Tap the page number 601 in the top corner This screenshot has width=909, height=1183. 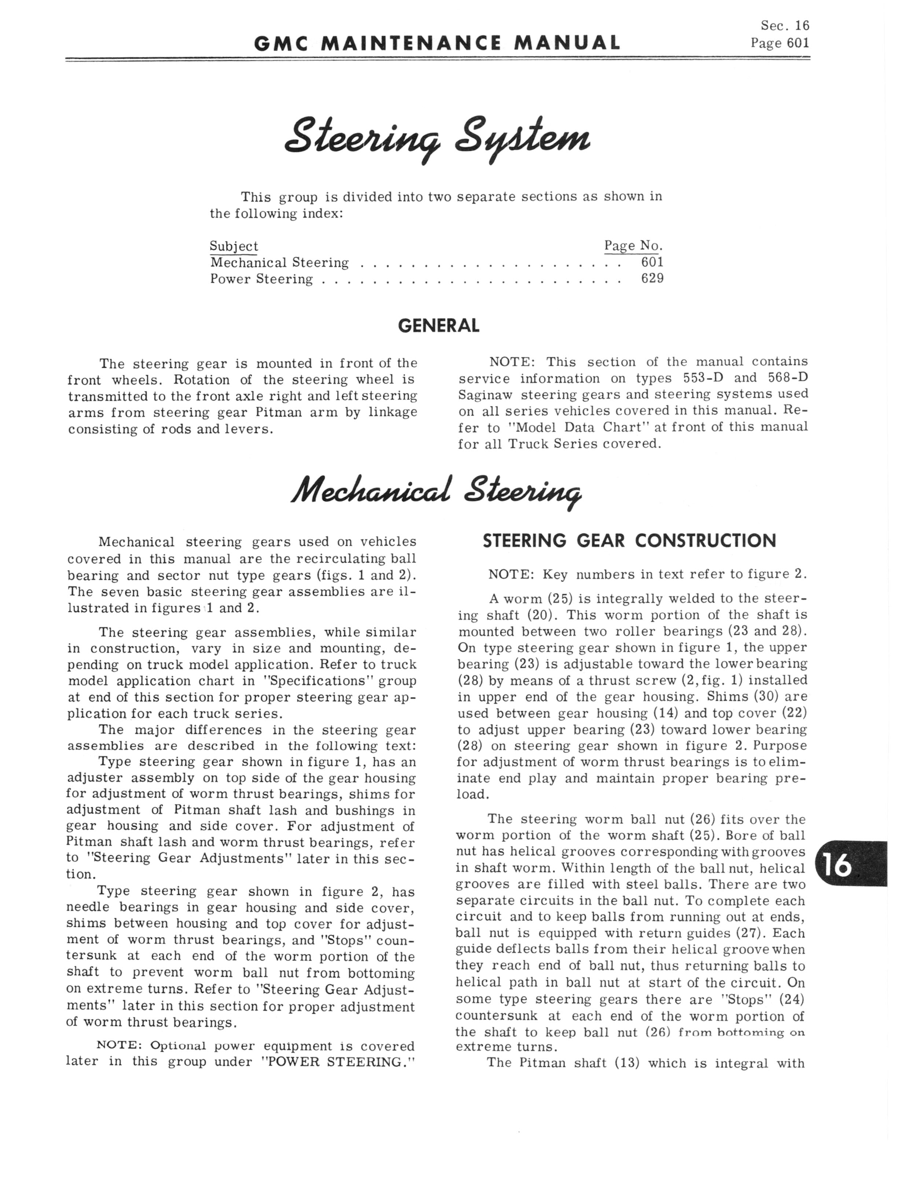point(798,43)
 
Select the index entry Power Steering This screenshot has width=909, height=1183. point(261,280)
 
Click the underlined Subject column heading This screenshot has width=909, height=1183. point(234,246)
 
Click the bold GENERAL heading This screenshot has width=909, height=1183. point(438,325)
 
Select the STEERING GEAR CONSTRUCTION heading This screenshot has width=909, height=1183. point(629,541)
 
